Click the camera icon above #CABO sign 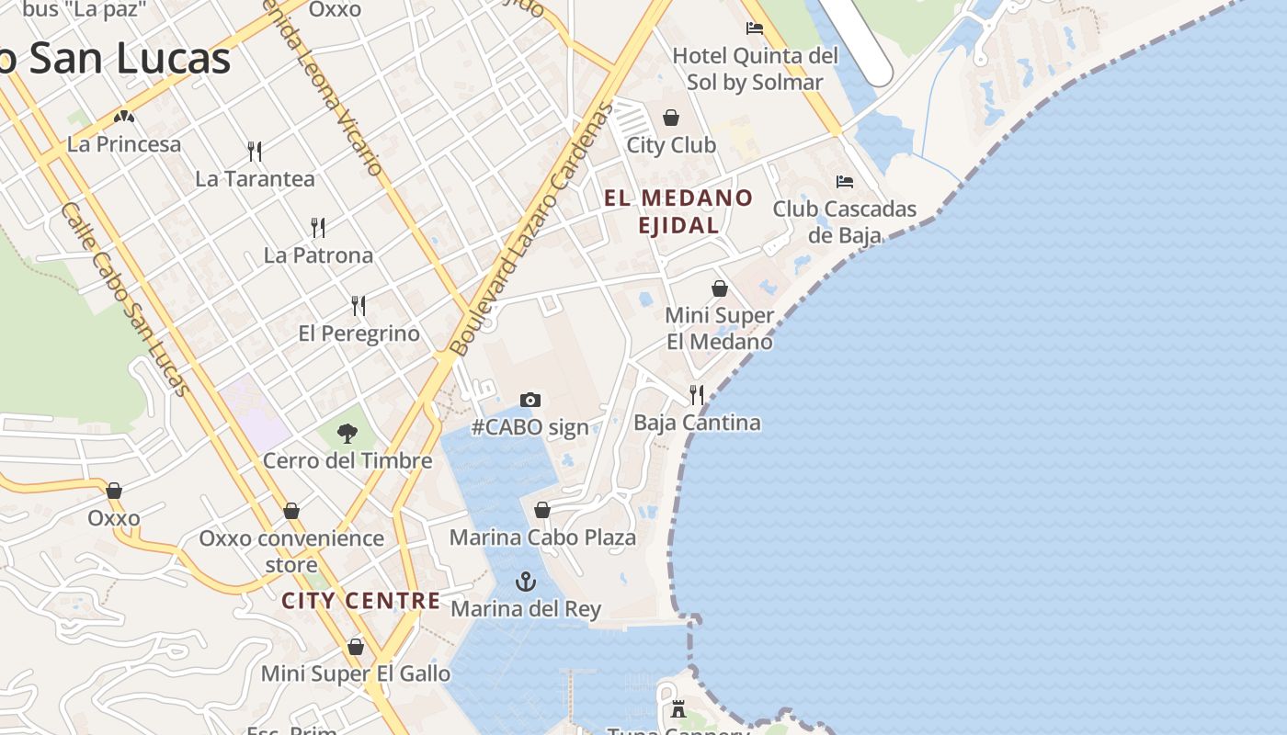pos(530,400)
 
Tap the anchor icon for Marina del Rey pos(526,582)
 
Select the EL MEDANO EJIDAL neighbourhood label pos(678,211)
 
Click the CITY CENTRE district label pos(361,601)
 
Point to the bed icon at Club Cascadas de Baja pos(845,182)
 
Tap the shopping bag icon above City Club pos(671,118)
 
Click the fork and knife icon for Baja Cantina pos(697,395)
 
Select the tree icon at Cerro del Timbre pos(347,433)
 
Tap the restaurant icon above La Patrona pos(318,228)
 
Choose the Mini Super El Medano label pos(719,329)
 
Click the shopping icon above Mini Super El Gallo pos(356,647)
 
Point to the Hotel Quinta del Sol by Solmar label pos(756,69)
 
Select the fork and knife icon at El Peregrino pos(359,305)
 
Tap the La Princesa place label pos(124,144)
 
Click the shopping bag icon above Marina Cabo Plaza pos(542,510)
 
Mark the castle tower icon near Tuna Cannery pos(678,709)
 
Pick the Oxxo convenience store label pos(291,550)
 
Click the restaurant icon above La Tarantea pos(255,151)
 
